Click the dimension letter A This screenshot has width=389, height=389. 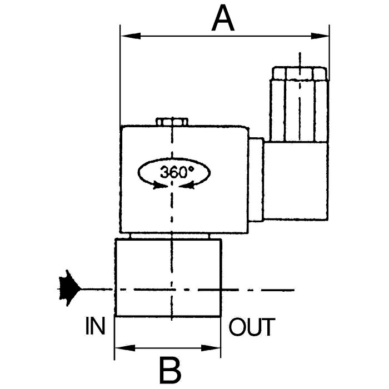(x=223, y=19)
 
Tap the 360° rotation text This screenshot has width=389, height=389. (x=175, y=172)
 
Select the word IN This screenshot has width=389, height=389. (x=95, y=327)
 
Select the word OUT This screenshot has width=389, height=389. (x=252, y=327)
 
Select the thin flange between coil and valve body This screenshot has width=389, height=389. (x=169, y=236)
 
